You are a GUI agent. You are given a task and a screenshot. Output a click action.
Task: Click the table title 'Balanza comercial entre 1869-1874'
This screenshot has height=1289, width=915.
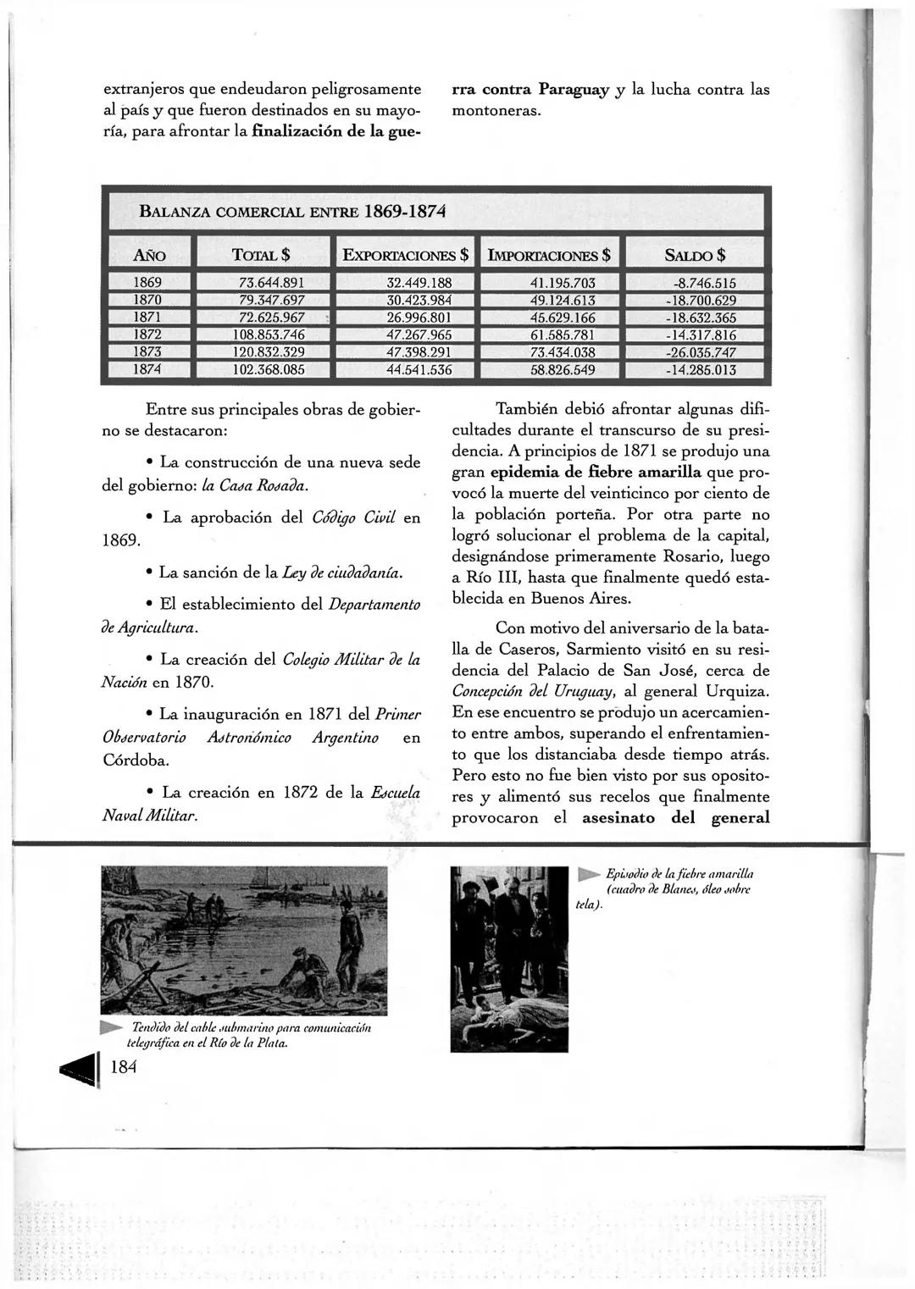coord(292,210)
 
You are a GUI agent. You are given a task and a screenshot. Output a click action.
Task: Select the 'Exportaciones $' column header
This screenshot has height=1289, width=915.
coord(405,255)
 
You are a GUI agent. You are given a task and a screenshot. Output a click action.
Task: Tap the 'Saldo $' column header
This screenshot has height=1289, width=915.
coord(695,255)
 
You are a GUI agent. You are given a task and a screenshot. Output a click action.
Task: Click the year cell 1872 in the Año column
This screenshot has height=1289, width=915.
coord(148,335)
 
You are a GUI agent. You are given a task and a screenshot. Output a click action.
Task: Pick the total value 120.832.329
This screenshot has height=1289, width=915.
coord(269,351)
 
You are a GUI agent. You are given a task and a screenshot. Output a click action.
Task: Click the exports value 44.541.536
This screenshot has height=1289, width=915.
coord(419,369)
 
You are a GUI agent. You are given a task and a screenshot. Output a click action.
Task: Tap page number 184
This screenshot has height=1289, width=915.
coord(124,1068)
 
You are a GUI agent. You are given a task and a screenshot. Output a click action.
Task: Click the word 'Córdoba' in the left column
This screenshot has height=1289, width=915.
coord(136,760)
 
